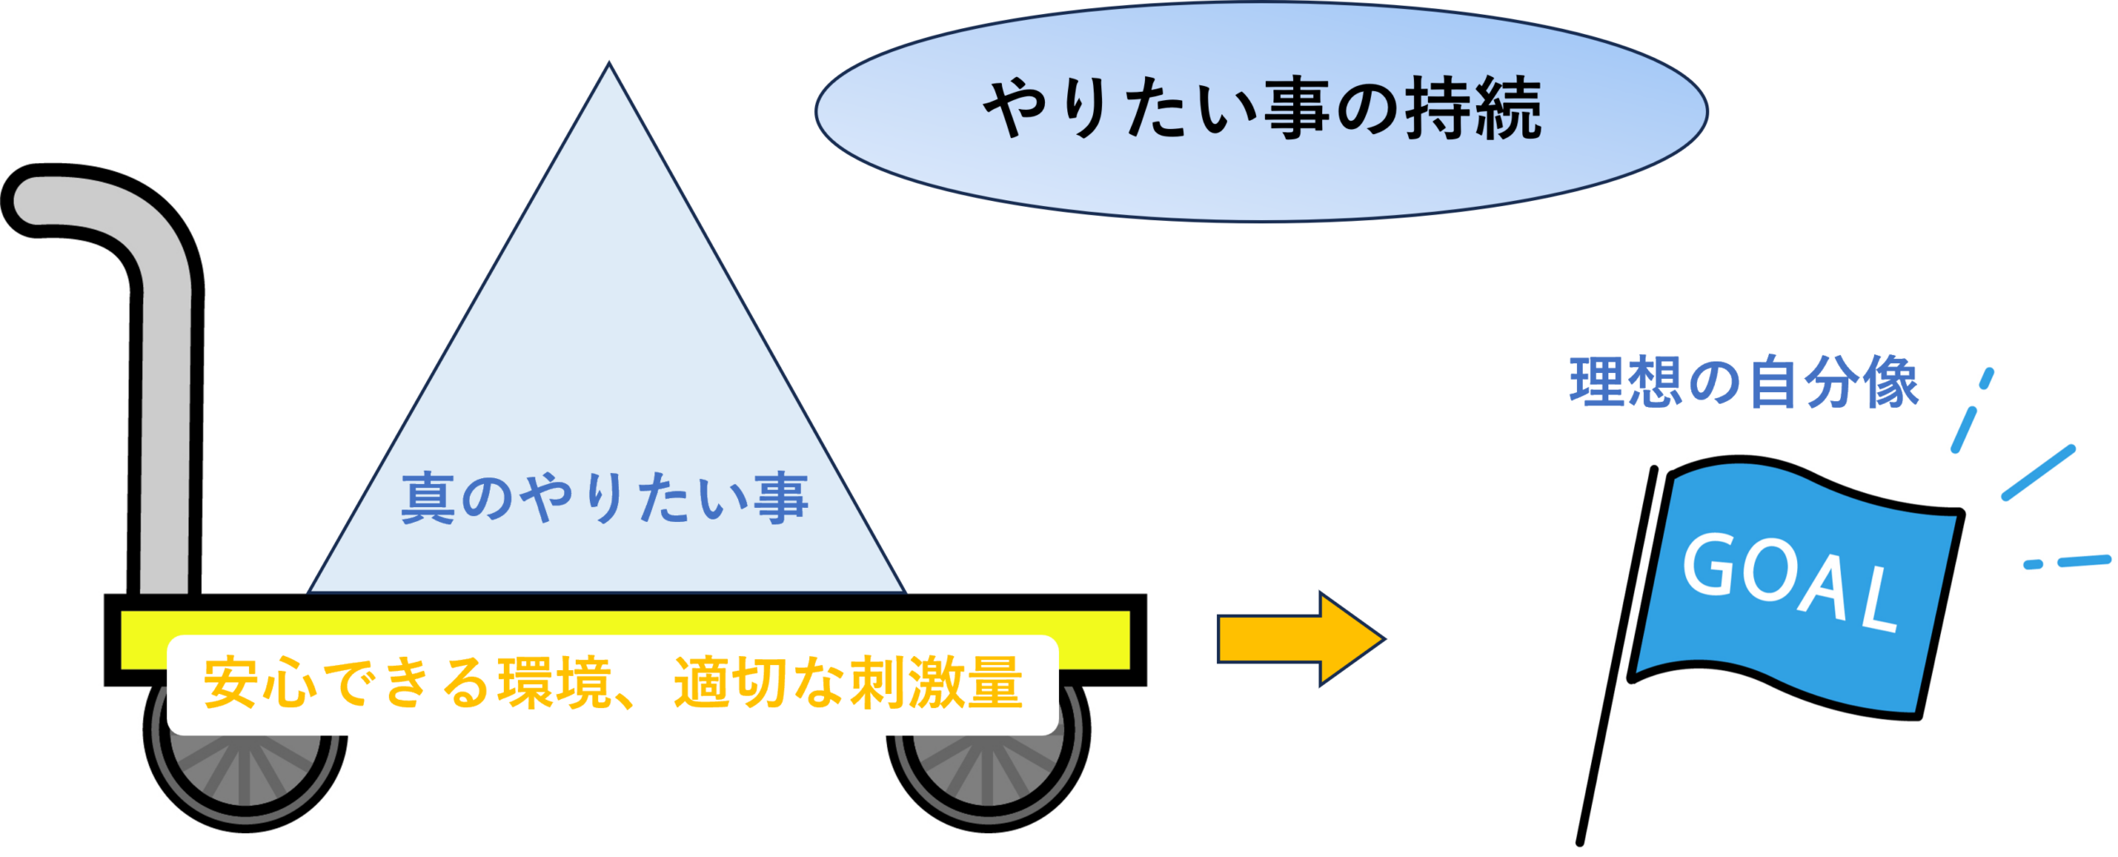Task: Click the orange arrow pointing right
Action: point(1299,639)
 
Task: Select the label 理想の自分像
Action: point(1743,382)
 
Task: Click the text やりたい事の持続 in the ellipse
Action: point(1262,108)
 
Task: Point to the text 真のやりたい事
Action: point(604,499)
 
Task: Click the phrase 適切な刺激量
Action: point(848,683)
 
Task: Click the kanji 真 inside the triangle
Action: point(428,499)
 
